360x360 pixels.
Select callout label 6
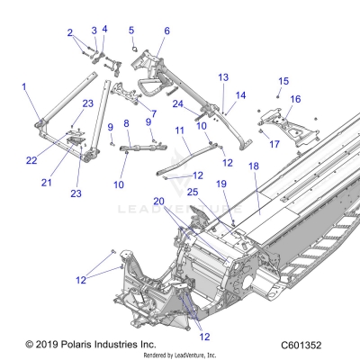(x=166, y=31)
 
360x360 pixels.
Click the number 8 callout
(x=126, y=123)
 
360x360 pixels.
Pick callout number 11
(x=180, y=130)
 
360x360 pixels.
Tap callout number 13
(x=223, y=78)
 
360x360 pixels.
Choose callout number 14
(x=240, y=94)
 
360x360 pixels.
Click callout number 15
(x=283, y=81)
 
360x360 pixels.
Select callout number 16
(x=295, y=99)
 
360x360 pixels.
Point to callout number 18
(x=253, y=167)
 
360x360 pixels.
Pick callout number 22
(x=31, y=161)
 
